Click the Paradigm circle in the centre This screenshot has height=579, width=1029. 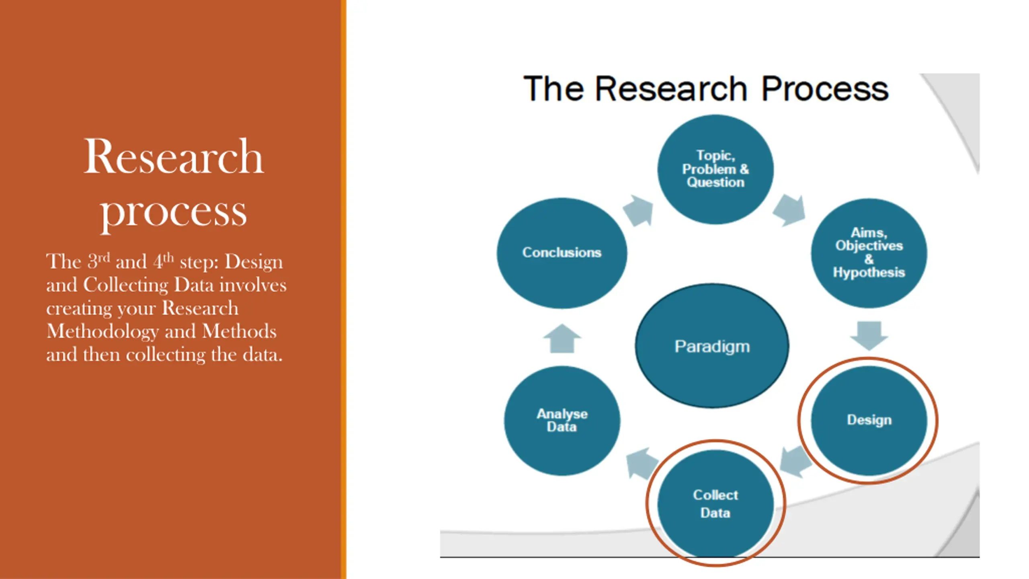(712, 346)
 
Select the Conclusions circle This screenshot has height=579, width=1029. (562, 253)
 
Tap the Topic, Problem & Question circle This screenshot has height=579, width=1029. (715, 169)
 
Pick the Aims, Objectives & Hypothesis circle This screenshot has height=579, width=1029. (869, 253)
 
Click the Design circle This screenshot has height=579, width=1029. (869, 420)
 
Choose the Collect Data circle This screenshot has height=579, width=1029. (715, 503)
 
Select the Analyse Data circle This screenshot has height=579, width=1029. (562, 421)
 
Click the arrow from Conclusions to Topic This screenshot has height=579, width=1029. (638, 210)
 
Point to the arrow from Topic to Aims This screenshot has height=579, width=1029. (789, 210)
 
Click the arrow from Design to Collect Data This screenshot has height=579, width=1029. (795, 462)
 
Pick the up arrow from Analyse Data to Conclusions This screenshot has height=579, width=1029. (562, 339)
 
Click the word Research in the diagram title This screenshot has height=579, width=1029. (670, 89)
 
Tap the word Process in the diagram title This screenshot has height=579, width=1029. (825, 89)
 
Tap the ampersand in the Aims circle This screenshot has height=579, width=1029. (869, 259)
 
